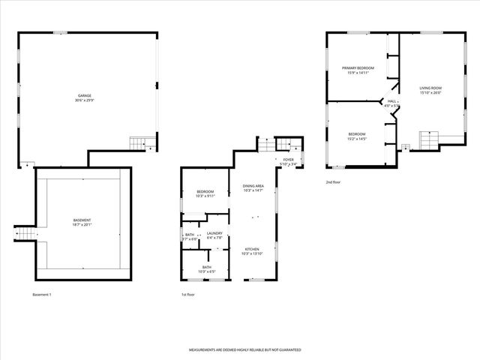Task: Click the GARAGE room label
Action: click(x=85, y=95)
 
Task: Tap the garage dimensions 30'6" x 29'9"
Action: click(x=85, y=100)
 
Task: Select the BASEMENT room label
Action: click(x=82, y=220)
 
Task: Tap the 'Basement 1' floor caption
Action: click(x=42, y=295)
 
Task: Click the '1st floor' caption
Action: click(x=188, y=295)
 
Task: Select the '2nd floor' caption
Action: click(x=334, y=182)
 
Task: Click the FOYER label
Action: click(x=289, y=160)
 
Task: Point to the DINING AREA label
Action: click(x=253, y=186)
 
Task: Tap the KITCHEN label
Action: click(x=253, y=249)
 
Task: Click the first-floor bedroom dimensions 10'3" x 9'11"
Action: click(x=205, y=197)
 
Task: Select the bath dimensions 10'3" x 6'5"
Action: click(x=205, y=271)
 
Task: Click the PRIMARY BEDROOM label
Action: click(x=358, y=67)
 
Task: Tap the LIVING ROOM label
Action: click(x=430, y=88)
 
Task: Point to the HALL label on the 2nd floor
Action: click(x=391, y=101)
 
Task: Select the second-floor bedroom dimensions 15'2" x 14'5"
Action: click(x=356, y=139)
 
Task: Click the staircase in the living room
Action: click(x=427, y=139)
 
